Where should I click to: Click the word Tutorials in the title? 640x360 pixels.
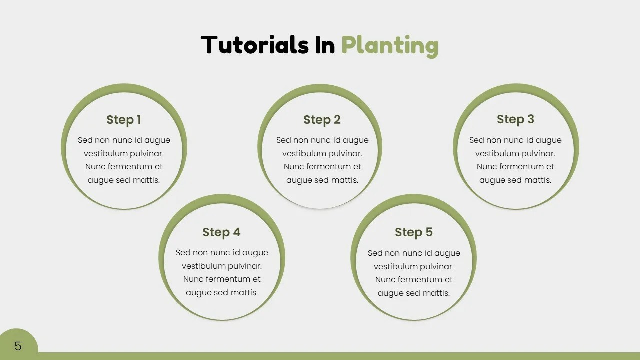click(x=255, y=45)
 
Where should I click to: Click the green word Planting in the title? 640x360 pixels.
click(x=390, y=46)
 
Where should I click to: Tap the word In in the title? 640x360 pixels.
click(x=325, y=45)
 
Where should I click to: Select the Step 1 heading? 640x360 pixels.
click(x=124, y=120)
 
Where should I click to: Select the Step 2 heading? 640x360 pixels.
click(x=322, y=120)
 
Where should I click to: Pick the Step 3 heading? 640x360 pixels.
click(x=515, y=119)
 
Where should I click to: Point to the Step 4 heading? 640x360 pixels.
click(x=221, y=232)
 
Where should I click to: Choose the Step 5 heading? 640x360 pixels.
click(x=414, y=232)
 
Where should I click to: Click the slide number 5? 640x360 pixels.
click(x=18, y=346)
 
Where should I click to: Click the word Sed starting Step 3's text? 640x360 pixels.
click(x=477, y=140)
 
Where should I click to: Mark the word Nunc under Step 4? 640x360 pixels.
click(x=193, y=279)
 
